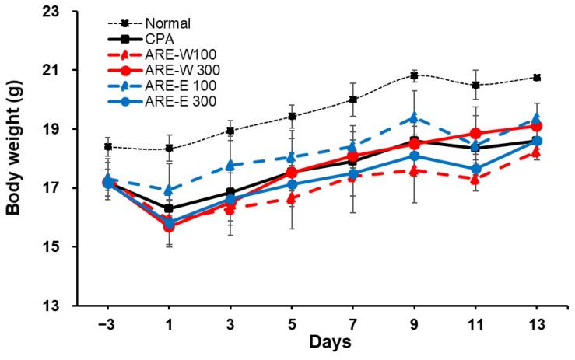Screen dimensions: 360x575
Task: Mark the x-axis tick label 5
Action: point(292,322)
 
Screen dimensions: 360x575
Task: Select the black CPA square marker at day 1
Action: point(169,208)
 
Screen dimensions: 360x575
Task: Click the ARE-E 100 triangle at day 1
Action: point(169,190)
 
